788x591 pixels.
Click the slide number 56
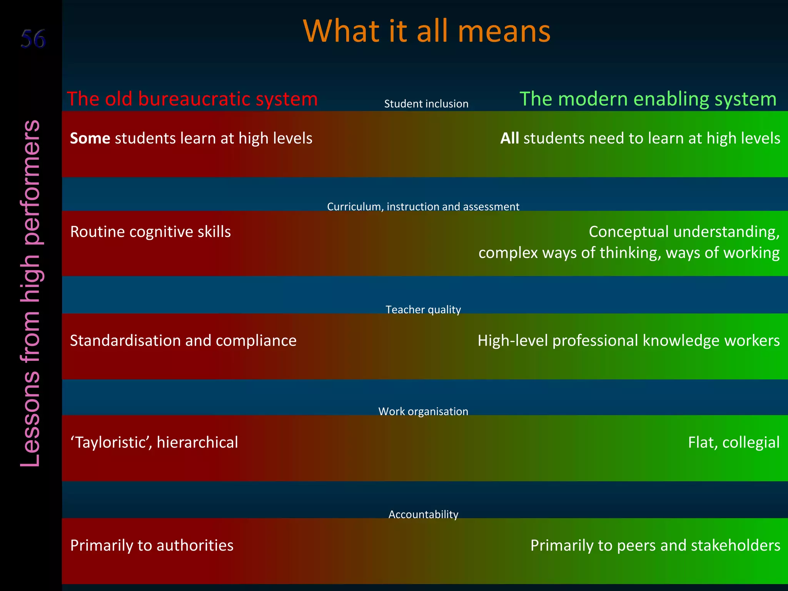click(x=33, y=39)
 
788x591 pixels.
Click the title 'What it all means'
click(x=427, y=31)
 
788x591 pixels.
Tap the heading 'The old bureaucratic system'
click(x=192, y=99)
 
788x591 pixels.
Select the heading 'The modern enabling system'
click(x=648, y=99)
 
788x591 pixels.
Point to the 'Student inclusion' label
click(x=426, y=104)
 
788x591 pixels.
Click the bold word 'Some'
click(x=90, y=138)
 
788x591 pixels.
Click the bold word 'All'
click(x=509, y=138)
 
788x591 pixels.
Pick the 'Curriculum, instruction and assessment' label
click(x=423, y=207)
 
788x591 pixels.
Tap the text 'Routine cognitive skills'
click(x=150, y=232)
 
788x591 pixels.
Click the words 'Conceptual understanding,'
click(x=684, y=232)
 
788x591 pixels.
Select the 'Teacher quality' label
click(x=423, y=310)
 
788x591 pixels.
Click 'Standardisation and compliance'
click(x=183, y=341)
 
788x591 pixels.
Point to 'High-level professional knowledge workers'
click(x=628, y=341)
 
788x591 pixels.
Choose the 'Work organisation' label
click(x=423, y=411)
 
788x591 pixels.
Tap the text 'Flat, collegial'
click(x=733, y=442)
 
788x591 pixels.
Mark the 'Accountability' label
click(x=423, y=514)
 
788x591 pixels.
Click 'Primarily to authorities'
click(x=152, y=545)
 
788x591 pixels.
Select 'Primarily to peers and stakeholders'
click(x=655, y=545)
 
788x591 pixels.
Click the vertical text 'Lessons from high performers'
click(x=31, y=293)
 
